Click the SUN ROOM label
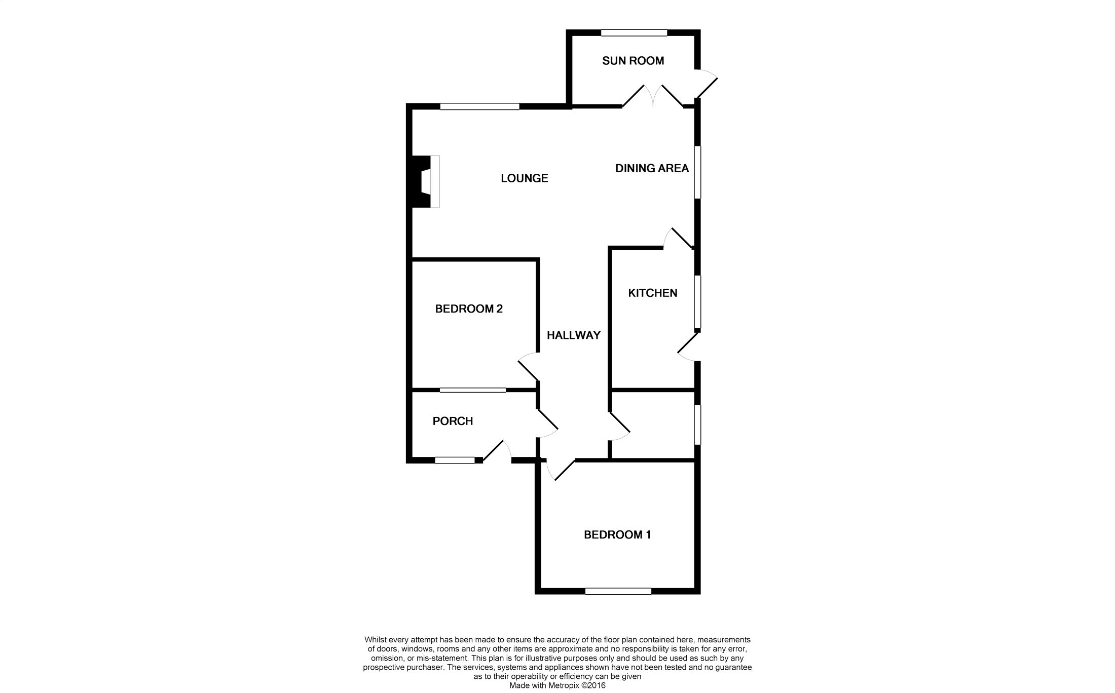pyautogui.click(x=633, y=61)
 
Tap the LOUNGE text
pyautogui.click(x=524, y=178)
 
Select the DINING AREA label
pyautogui.click(x=652, y=168)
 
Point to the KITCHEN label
pyautogui.click(x=652, y=293)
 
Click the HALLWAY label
pyautogui.click(x=573, y=335)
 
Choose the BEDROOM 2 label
pyautogui.click(x=469, y=309)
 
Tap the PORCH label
pyautogui.click(x=453, y=421)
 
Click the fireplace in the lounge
pyautogui.click(x=426, y=181)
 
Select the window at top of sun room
pyautogui.click(x=634, y=33)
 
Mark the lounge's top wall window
pyautogui.click(x=479, y=106)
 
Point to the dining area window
pyautogui.click(x=697, y=172)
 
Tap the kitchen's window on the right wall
pyautogui.click(x=697, y=302)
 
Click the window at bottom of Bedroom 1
pyautogui.click(x=618, y=591)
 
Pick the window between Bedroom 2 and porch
pyautogui.click(x=472, y=390)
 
